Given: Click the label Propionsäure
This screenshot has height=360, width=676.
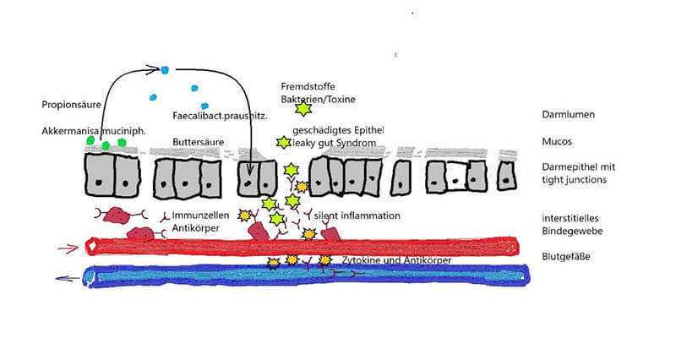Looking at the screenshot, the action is click(71, 105).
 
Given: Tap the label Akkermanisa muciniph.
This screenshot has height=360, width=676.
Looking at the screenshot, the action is click(94, 131).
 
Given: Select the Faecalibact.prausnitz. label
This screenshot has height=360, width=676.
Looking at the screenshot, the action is click(220, 116).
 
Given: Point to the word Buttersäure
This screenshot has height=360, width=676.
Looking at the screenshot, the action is click(199, 142).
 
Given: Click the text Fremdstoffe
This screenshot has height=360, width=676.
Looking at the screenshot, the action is click(308, 87).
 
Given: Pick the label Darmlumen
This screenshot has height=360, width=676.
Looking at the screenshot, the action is click(568, 115).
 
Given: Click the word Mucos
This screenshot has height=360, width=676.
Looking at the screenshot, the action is click(557, 141).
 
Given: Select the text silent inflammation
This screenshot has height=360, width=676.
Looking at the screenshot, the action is click(357, 215).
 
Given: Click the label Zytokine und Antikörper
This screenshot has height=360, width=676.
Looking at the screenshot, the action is click(396, 260).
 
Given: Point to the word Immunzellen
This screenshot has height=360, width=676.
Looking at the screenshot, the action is click(200, 215).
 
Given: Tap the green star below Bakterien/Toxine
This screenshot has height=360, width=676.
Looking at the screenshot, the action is click(303, 108).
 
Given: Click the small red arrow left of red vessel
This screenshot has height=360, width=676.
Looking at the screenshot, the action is click(68, 248).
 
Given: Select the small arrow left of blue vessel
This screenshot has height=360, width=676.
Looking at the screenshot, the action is click(68, 279).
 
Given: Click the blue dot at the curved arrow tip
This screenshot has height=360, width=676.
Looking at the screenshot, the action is click(164, 70).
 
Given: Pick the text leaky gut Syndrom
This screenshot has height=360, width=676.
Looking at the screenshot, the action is click(334, 143).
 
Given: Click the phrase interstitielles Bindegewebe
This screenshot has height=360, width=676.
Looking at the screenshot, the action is click(572, 225).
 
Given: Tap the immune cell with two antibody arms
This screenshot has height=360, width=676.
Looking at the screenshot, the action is click(117, 215).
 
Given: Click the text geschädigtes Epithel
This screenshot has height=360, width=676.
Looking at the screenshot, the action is click(339, 130).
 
